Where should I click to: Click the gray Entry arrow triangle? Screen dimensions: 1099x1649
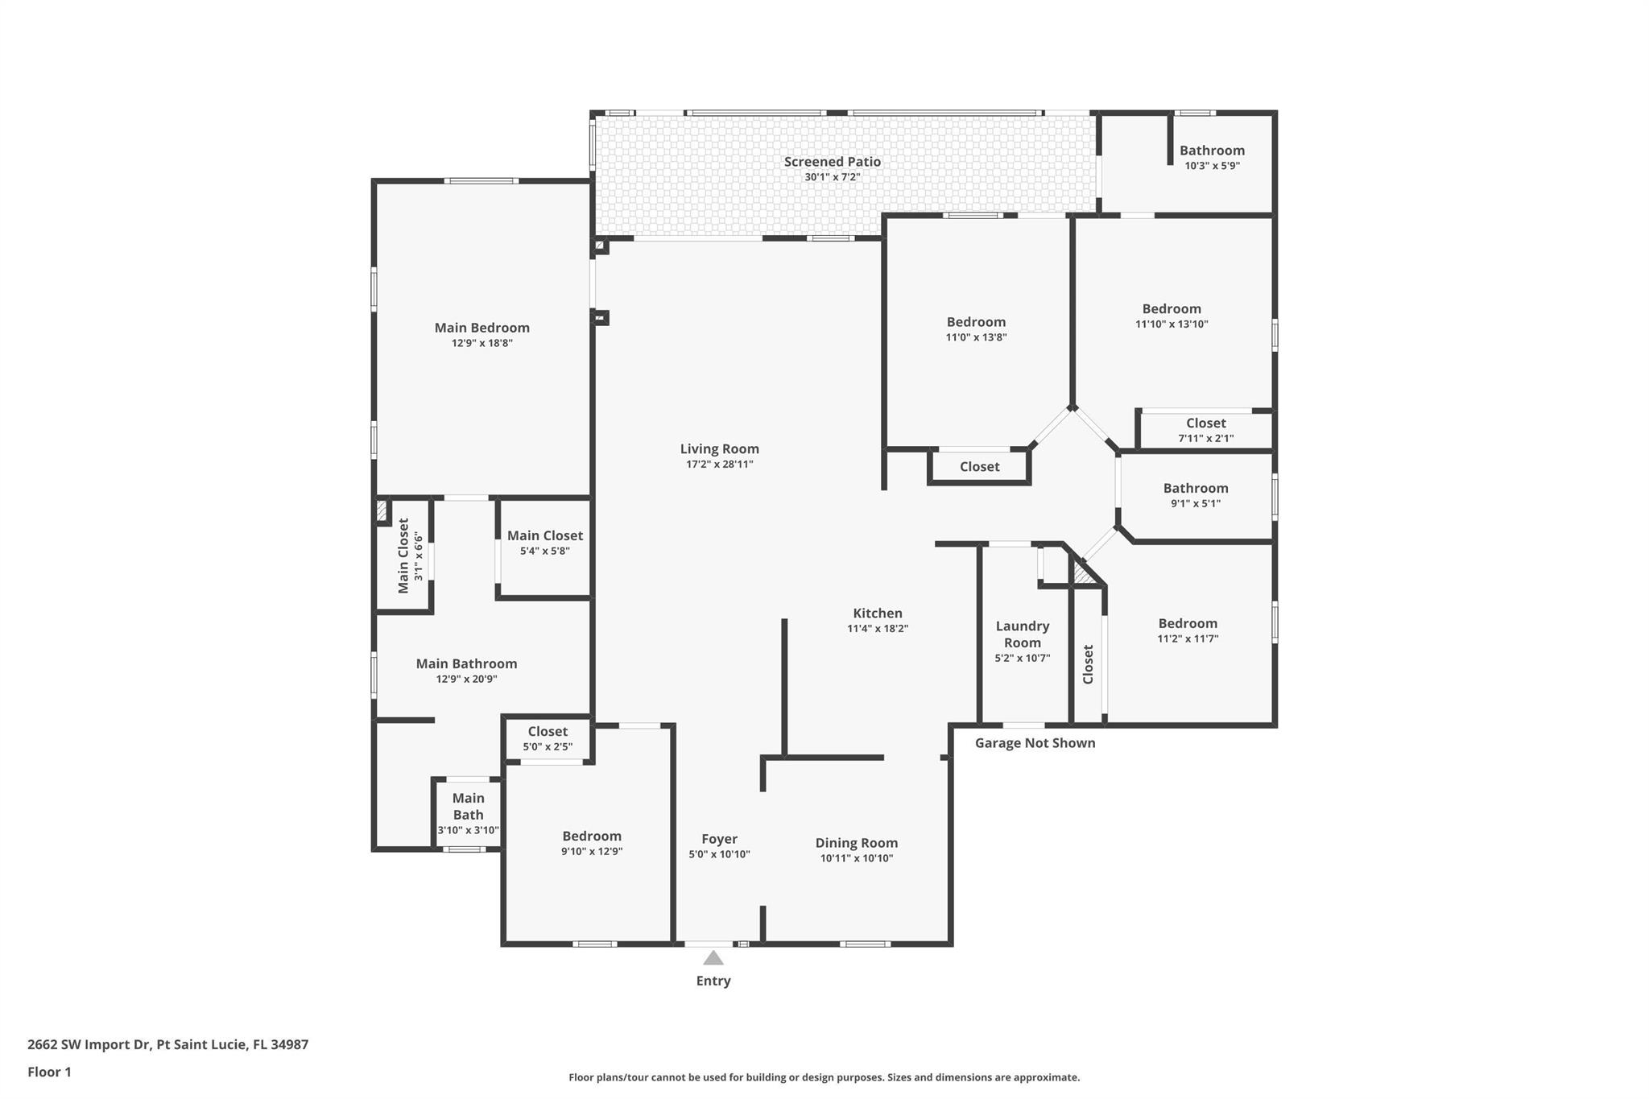pos(713,957)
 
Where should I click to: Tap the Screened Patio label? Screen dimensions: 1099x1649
pos(832,162)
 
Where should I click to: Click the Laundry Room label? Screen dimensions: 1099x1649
pos(1022,634)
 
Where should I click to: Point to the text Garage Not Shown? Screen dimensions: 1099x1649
pos(1035,743)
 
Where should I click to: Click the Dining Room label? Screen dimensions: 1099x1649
pos(856,843)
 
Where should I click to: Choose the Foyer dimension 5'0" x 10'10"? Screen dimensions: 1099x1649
pos(719,854)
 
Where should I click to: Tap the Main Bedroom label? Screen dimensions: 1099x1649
pos(481,328)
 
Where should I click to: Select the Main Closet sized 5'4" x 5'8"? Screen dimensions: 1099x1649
pos(544,536)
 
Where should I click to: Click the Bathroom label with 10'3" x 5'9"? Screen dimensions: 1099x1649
pos(1212,151)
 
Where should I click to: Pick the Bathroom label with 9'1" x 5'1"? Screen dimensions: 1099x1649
pos(1195,488)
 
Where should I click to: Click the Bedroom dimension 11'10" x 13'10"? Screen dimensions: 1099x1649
pos(1172,324)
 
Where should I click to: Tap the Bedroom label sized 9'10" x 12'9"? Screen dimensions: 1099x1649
pos(591,837)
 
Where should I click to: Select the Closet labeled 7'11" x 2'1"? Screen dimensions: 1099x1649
pos(1205,423)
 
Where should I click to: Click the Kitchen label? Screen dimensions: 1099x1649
pos(877,614)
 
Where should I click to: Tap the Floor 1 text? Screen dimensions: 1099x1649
pos(49,1072)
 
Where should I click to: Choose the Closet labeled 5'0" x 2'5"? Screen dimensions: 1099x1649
pos(548,732)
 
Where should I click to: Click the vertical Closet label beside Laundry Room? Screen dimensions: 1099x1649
pos(1088,664)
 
